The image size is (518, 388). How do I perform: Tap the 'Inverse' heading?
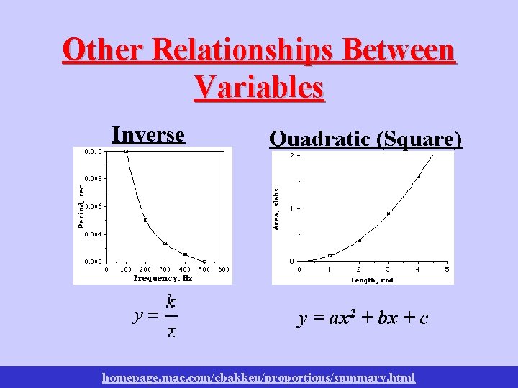pos(149,134)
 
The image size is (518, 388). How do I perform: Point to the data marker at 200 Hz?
pos(145,220)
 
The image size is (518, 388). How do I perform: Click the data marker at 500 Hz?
pos(204,262)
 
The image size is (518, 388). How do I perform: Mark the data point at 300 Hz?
pos(165,244)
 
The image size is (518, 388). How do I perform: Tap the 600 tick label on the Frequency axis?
pos(224,269)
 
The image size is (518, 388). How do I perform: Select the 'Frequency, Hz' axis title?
pos(163,277)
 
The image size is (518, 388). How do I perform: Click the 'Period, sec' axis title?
pos(81,204)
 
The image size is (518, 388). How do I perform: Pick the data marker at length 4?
pos(418,176)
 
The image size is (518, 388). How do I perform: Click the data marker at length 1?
pos(330,256)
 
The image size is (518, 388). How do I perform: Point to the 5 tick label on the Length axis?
pos(447,269)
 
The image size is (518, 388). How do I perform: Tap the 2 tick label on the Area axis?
pos(291,155)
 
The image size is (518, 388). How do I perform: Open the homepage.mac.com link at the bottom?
pos(259,377)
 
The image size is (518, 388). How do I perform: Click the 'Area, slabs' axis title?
pos(276,209)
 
